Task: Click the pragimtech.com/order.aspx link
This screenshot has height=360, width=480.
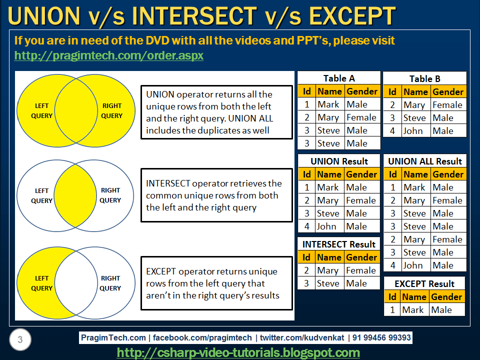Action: coord(108,55)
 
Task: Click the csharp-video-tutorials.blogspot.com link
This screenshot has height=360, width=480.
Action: coord(238,352)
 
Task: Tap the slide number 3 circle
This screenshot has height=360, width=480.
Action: coord(20,339)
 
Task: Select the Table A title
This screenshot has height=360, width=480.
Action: coord(339,78)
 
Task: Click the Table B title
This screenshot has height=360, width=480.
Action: coord(425,79)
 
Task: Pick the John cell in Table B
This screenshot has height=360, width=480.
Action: coord(413,131)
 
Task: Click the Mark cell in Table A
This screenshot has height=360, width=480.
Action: coord(328,104)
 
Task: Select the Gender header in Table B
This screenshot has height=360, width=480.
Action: coord(448,92)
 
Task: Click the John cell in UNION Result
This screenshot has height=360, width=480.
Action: coord(326,226)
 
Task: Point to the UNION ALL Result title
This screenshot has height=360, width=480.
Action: coord(425,161)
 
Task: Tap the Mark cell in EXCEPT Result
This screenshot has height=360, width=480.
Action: coord(413,310)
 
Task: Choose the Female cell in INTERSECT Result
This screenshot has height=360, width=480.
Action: coord(361,270)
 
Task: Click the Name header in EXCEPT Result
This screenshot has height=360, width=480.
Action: coord(414,296)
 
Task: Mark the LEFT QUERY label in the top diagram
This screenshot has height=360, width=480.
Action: coord(41,111)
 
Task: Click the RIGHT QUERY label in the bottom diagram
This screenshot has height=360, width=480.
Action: coord(110,283)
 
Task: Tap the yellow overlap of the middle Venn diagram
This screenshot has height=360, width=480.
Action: coord(75,195)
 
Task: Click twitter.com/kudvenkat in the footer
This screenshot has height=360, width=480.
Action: coord(302,337)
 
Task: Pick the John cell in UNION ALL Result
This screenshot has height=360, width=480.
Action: coord(413,265)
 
